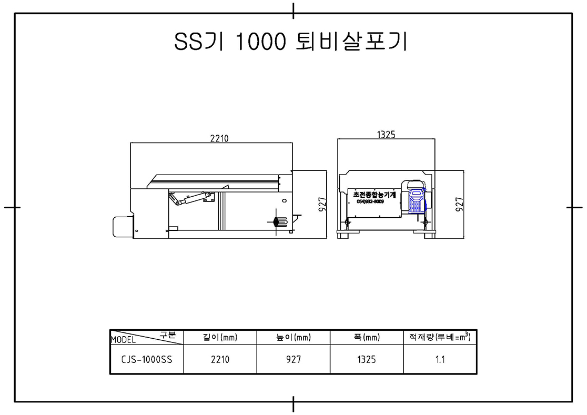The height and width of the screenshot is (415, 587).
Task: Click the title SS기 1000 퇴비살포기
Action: [290, 41]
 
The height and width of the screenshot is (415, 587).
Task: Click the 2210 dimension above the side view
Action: [219, 138]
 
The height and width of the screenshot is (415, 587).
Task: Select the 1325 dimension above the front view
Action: [386, 134]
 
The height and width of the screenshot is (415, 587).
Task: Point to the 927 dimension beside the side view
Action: [322, 204]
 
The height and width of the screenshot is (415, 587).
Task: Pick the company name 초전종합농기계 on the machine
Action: [375, 195]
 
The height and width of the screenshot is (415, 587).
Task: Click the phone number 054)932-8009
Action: [370, 201]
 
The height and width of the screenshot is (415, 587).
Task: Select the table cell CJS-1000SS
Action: [147, 359]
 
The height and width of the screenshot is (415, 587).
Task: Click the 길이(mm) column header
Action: [220, 338]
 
